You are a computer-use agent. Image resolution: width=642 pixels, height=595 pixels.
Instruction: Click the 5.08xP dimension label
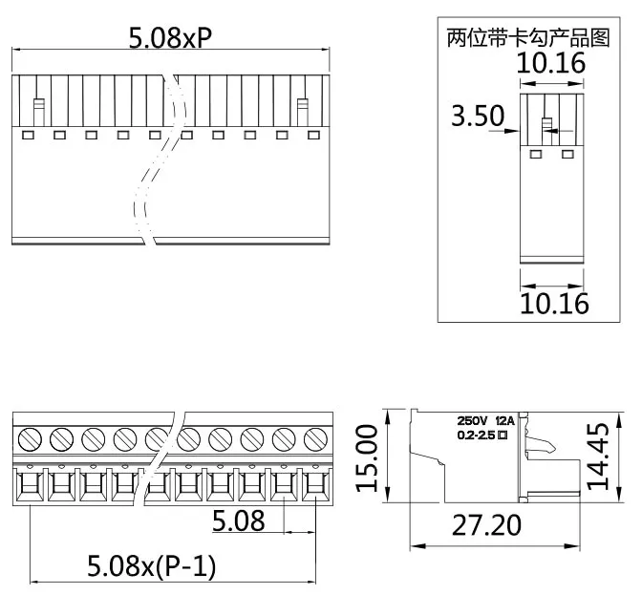point(170,37)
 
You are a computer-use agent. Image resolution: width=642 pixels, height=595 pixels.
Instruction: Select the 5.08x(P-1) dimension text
point(152,566)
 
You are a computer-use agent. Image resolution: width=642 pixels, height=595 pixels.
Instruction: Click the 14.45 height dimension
point(599,457)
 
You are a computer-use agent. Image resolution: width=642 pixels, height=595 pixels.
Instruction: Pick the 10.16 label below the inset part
point(553,304)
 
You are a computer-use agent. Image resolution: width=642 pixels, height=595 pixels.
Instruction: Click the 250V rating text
point(473,420)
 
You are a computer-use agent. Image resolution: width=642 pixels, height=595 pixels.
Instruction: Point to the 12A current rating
point(504,420)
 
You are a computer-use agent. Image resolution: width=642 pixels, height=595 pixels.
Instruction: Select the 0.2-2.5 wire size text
point(476,436)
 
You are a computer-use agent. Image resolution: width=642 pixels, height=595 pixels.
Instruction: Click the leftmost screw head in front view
point(29,438)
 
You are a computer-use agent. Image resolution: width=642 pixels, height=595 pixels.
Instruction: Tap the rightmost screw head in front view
point(314,438)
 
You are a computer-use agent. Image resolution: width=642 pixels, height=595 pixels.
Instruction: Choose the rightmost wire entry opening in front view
point(314,487)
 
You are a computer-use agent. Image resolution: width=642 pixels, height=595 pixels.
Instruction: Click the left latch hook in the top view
point(39,111)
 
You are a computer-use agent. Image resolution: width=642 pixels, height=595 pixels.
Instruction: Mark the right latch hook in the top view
point(303,111)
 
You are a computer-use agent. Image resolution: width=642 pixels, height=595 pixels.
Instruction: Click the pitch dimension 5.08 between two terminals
point(238,521)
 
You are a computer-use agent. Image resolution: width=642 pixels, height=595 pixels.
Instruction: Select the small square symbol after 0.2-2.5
point(502,436)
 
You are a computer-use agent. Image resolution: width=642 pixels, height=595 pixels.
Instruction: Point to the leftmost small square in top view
point(27,135)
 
